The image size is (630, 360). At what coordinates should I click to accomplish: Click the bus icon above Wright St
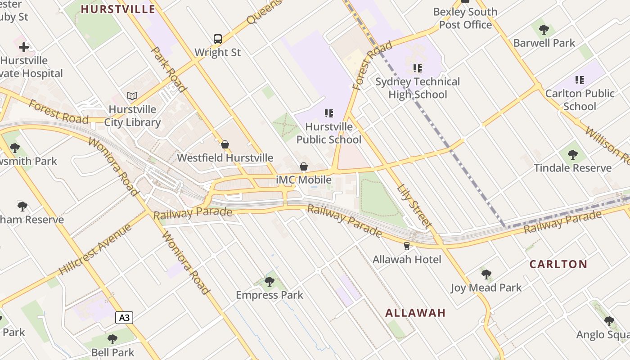coord(218,39)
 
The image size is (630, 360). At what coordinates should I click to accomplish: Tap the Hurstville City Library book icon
coord(132,96)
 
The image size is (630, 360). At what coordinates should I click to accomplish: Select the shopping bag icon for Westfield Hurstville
coord(225,144)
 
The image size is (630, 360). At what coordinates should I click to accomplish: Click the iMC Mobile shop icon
coord(304,167)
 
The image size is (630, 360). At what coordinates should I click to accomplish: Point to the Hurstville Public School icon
coord(329,113)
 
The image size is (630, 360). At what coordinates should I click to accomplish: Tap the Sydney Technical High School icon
coord(418,68)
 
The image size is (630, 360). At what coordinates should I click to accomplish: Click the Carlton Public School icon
coord(580,80)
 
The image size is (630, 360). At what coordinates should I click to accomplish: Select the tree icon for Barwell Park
coord(544,30)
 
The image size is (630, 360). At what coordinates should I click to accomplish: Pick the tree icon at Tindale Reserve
coord(572,155)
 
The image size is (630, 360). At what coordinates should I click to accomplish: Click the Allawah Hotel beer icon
coord(407,246)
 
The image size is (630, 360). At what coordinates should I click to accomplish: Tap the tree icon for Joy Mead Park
coord(486,274)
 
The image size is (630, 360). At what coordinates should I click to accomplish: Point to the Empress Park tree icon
coord(270,282)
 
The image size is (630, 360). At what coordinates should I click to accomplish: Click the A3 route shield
coord(124,318)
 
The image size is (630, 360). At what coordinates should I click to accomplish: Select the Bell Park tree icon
coord(112,339)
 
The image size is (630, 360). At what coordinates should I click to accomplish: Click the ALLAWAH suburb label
coord(415,313)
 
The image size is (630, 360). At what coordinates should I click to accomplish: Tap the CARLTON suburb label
coord(558,264)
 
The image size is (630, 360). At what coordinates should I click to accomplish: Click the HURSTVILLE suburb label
coord(118,9)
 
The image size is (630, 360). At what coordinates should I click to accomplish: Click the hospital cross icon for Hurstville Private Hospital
coord(24,47)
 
